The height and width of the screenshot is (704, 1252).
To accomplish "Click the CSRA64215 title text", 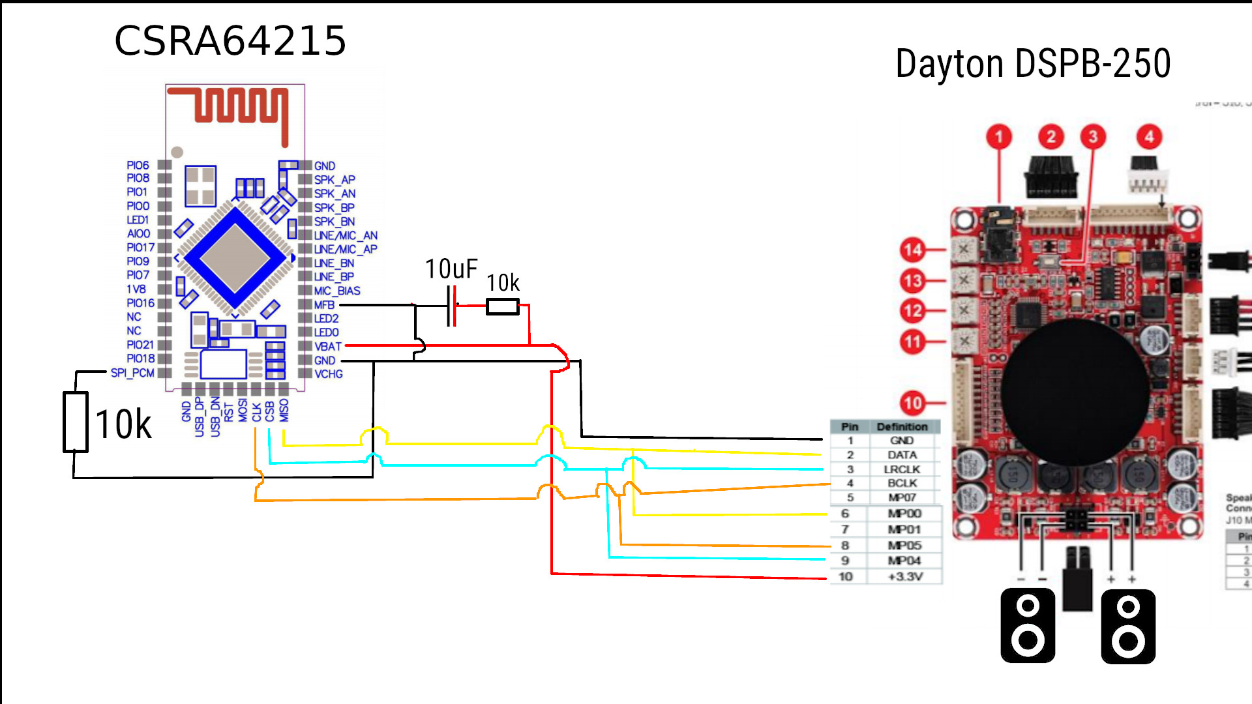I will click(x=230, y=41).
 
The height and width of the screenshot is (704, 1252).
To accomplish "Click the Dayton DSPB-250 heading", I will click(x=1033, y=64).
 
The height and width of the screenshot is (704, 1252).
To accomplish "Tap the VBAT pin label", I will click(x=327, y=346).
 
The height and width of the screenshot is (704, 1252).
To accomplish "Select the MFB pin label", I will click(x=324, y=305).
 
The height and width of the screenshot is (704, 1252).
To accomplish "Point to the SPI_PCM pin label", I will click(x=132, y=373).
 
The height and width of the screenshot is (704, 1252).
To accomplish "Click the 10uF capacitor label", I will click(x=451, y=269).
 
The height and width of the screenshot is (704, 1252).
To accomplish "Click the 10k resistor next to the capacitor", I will click(x=503, y=306).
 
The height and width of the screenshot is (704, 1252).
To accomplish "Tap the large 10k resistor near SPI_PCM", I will click(x=76, y=422).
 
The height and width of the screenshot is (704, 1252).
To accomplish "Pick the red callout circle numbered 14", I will click(x=913, y=249).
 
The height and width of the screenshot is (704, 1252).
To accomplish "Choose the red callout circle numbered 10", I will click(x=913, y=403).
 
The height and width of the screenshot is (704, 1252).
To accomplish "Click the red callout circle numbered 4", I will click(x=1149, y=137).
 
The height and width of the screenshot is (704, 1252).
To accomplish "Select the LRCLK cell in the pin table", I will click(x=902, y=469).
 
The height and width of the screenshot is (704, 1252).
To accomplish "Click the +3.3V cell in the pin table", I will click(x=905, y=577).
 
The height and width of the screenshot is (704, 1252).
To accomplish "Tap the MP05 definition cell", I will click(x=904, y=546).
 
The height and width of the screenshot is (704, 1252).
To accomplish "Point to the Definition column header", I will click(x=902, y=427).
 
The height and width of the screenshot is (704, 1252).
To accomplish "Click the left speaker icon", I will click(x=1028, y=626).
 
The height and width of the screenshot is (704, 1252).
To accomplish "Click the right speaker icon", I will click(x=1128, y=626).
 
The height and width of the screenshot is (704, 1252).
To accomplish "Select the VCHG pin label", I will click(x=328, y=374).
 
